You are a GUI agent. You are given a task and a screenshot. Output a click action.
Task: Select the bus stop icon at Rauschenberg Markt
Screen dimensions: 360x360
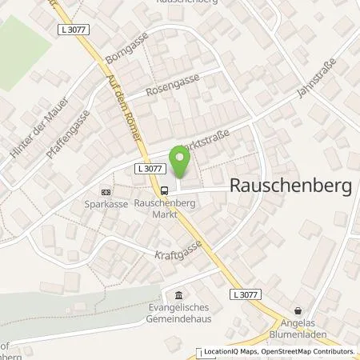pos(164,190)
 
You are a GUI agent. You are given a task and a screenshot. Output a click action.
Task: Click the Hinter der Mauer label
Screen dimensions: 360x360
pos(26,130)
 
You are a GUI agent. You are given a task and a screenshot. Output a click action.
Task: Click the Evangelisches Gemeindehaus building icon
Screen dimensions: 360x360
pos(178,295)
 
